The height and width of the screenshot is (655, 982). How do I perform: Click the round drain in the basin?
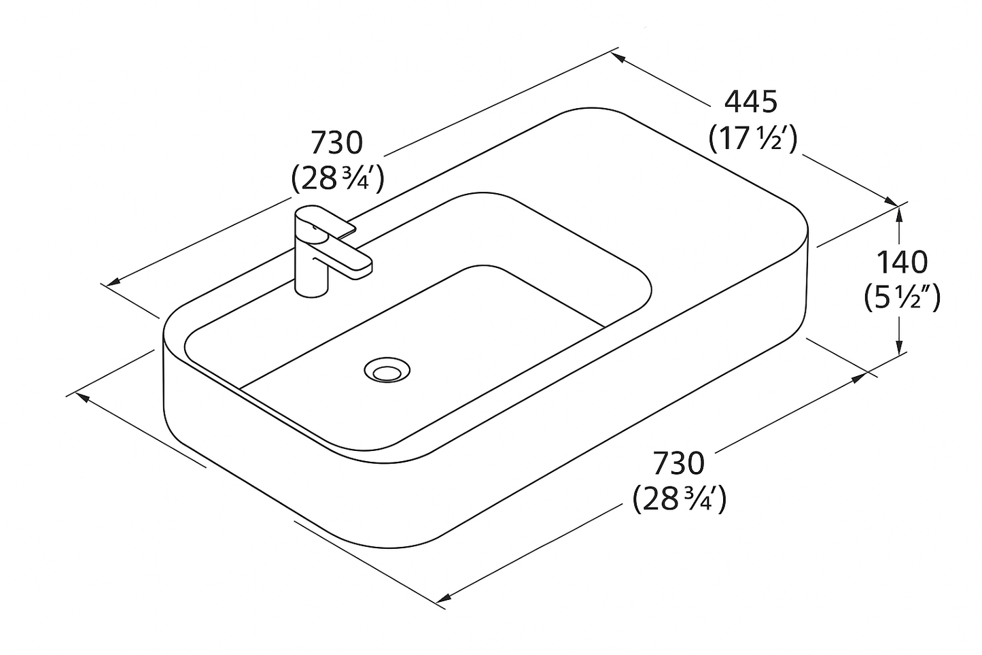pyautogui.click(x=387, y=369)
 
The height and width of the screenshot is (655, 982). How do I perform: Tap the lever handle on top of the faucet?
pyautogui.click(x=326, y=220)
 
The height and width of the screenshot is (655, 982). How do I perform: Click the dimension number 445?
pyautogui.click(x=750, y=102)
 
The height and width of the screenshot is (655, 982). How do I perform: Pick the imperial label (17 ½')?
pyautogui.click(x=753, y=138)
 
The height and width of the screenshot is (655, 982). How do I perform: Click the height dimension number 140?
pyautogui.click(x=902, y=263)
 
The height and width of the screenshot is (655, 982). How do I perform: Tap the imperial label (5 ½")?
pyautogui.click(x=902, y=298)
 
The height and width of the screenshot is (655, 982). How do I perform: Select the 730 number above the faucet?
pyautogui.click(x=336, y=143)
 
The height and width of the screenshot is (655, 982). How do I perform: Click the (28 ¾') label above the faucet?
pyautogui.click(x=338, y=179)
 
